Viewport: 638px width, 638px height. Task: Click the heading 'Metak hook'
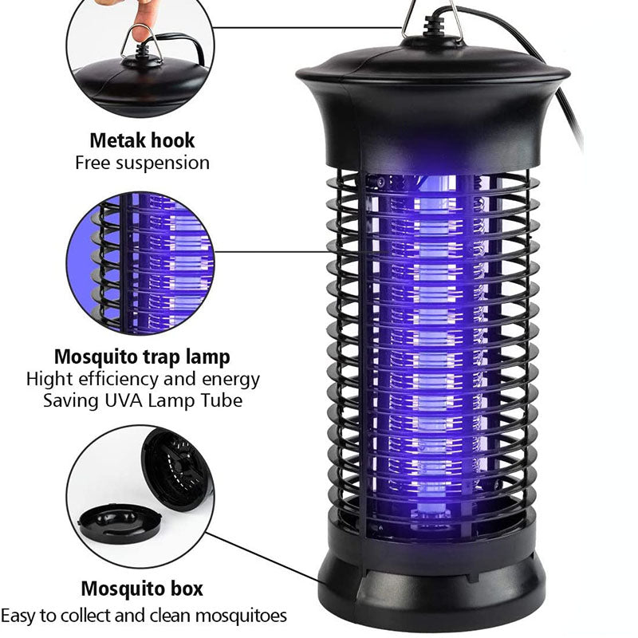[142, 141]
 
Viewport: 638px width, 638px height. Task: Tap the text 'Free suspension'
[142, 163]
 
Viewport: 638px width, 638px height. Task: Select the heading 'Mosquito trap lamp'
[143, 356]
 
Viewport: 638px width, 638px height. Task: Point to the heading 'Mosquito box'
[142, 590]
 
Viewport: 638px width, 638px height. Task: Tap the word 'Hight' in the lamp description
[49, 379]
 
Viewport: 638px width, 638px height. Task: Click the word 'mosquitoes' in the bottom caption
[243, 616]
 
